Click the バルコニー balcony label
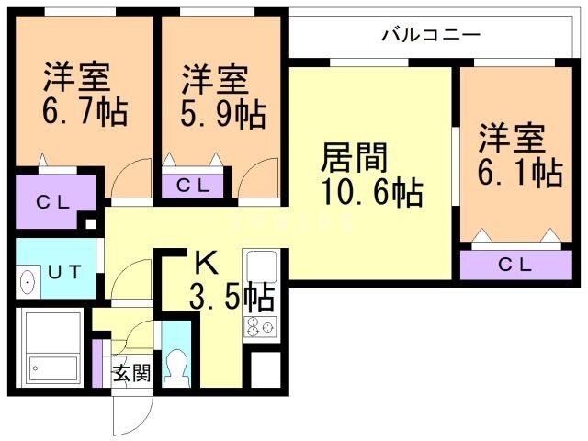pyautogui.click(x=430, y=36)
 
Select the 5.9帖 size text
pyautogui.click(x=223, y=114)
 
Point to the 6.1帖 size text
pyautogui.click(x=520, y=171)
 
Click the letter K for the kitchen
pyautogui.click(x=206, y=264)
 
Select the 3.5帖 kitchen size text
pyautogui.click(x=231, y=297)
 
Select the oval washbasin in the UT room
pyautogui.click(x=27, y=280)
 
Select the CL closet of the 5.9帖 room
pyautogui.click(x=194, y=185)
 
